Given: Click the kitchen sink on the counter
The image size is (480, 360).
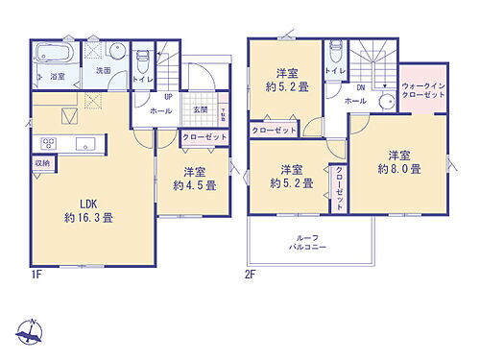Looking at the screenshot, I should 77,144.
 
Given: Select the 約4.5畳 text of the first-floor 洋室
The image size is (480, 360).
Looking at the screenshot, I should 195,185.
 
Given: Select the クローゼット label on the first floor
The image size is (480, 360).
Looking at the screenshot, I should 204,137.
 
